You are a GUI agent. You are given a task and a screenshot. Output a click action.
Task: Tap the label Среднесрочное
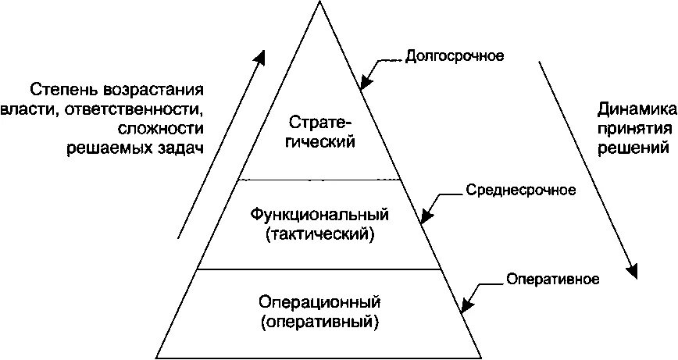(520, 190)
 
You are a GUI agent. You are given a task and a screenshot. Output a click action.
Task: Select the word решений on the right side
(634, 147)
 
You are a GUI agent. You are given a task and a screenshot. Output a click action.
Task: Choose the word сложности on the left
(163, 127)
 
